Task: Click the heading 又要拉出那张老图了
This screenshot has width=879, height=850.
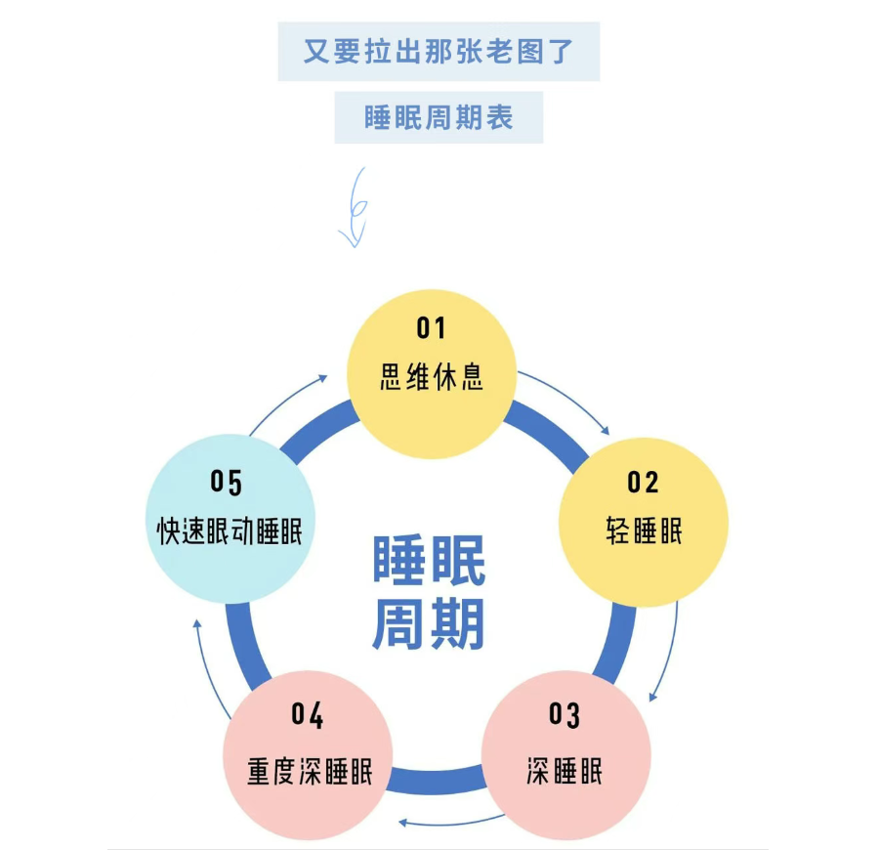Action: click(439, 51)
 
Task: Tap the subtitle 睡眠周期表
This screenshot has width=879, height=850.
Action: click(439, 117)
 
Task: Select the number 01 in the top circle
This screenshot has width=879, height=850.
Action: click(431, 327)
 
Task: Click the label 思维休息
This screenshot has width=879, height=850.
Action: click(431, 377)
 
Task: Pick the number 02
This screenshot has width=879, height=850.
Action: click(643, 482)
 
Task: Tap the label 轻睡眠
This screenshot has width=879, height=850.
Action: click(644, 531)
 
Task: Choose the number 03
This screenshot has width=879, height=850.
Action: click(565, 715)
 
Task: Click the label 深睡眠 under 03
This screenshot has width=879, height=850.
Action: click(565, 771)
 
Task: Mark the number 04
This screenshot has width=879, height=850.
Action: click(308, 715)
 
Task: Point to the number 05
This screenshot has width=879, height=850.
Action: click(226, 482)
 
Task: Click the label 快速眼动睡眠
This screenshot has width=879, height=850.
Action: click(230, 531)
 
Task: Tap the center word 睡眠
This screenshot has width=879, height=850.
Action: click(429, 562)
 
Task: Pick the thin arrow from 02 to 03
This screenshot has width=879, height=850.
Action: click(670, 651)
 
